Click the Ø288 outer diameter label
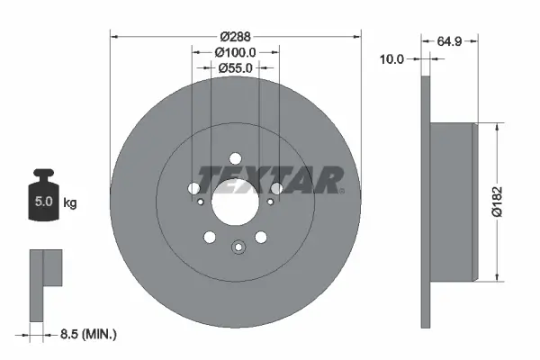pyautogui.click(x=236, y=37)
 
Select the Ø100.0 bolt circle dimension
pyautogui.click(x=236, y=52)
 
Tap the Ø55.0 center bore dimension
pyautogui.click(x=236, y=67)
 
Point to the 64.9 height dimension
pyautogui.click(x=450, y=40)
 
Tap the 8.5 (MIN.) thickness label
pyautogui.click(x=88, y=333)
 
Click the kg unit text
pyautogui.click(x=70, y=203)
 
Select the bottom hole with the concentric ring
pyautogui.click(x=238, y=249)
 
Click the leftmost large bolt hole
pyautogui.click(x=193, y=188)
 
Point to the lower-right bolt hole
pyautogui.click(x=261, y=237)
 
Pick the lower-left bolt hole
pyautogui.click(x=210, y=237)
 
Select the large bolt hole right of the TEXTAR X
pyautogui.click(x=276, y=188)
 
